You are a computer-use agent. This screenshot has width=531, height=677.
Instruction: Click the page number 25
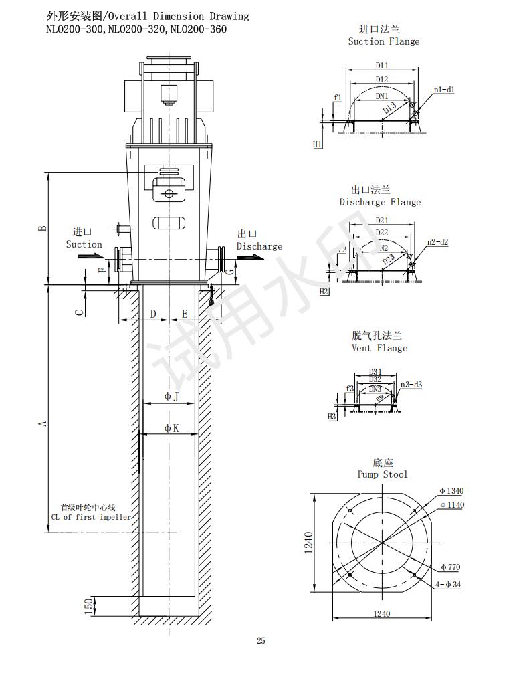(261, 641)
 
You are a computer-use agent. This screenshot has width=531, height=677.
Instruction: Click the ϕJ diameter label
(171, 397)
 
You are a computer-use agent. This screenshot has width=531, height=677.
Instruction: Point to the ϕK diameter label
(171, 428)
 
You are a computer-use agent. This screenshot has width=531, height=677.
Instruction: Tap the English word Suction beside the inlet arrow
(84, 244)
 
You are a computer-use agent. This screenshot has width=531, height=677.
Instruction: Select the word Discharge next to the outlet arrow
(259, 246)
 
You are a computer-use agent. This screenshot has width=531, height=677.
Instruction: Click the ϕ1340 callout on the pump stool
(451, 491)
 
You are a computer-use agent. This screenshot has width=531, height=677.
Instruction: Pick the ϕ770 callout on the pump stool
(450, 567)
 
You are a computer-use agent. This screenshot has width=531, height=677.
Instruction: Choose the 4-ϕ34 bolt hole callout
(448, 585)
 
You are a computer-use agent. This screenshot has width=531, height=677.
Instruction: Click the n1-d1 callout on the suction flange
(444, 90)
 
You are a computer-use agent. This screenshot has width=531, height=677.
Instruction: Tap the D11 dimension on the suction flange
(382, 66)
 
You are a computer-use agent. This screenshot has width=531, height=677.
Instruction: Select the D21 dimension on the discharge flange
(382, 220)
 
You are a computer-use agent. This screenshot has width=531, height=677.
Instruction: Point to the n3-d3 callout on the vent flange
(411, 385)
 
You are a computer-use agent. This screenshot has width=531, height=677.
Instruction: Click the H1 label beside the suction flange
(318, 144)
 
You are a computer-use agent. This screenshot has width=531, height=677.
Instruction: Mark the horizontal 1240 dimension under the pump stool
(381, 613)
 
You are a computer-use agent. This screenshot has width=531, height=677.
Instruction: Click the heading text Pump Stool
(382, 474)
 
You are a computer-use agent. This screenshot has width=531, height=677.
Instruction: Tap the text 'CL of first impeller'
(91, 517)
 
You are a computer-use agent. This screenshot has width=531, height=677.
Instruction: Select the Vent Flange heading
(379, 348)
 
